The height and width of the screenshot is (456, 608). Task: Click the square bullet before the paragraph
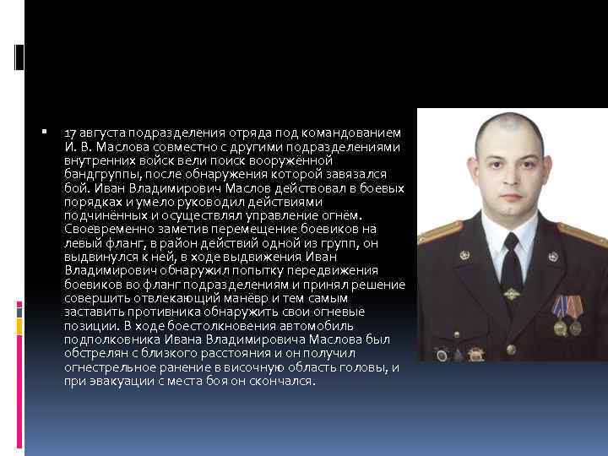coord(43,133)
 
